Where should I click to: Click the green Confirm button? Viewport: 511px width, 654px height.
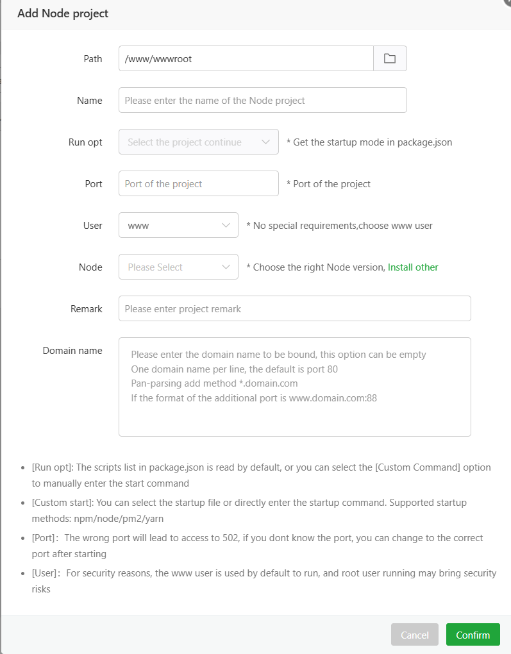pos(473,635)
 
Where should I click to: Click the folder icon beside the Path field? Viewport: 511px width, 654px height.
pos(390,58)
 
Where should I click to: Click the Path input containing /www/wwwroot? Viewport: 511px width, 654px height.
pos(246,58)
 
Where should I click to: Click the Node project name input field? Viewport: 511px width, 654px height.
pos(262,100)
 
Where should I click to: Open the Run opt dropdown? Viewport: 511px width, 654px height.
pos(198,142)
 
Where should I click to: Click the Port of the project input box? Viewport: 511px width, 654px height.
pos(198,183)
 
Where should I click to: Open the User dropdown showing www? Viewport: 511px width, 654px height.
pos(178,225)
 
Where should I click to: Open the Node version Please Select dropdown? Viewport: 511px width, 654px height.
pos(178,267)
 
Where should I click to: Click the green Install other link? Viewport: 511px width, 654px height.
pos(413,267)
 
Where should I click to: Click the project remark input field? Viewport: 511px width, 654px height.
pos(294,308)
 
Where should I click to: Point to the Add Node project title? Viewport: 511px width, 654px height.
pos(63,13)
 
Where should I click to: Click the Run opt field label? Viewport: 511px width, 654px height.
pos(85,142)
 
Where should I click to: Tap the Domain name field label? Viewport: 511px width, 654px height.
pos(72,351)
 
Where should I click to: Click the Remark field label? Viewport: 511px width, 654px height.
pos(87,309)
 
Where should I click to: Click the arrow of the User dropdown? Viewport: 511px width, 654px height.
pos(226,226)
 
